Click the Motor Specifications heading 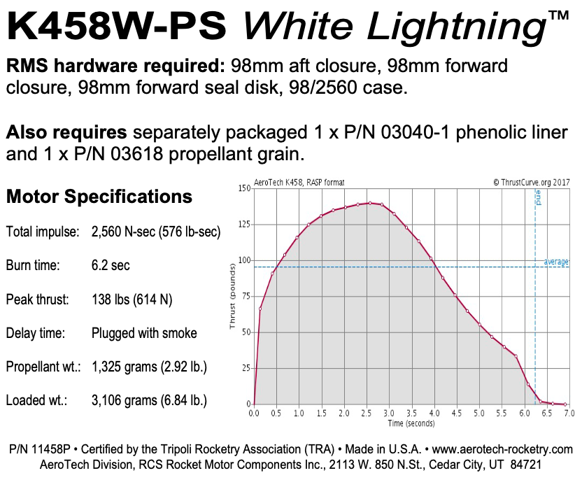(x=99, y=197)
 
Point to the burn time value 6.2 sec (x=111, y=266)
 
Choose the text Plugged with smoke (x=144, y=334)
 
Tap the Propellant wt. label (x=42, y=367)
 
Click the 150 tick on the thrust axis (x=244, y=188)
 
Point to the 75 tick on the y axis (x=246, y=296)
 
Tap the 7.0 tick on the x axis (x=569, y=414)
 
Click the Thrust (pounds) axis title (x=232, y=297)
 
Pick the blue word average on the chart (x=556, y=262)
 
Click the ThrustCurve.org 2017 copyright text (x=531, y=182)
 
